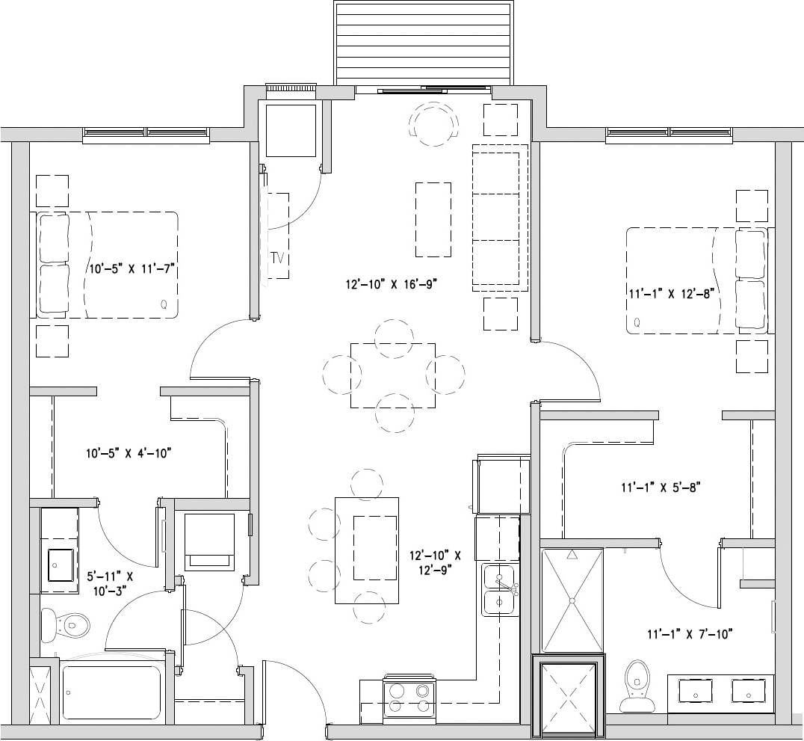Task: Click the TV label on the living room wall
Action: click(277, 259)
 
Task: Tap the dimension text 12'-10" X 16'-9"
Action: click(390, 283)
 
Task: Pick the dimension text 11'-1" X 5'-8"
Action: click(660, 487)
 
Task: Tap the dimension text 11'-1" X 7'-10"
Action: click(690, 634)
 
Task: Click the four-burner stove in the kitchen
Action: click(409, 698)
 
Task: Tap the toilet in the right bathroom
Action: click(636, 685)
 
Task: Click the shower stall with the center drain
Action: click(572, 600)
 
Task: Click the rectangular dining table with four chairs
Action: click(393, 375)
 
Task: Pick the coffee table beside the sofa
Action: click(433, 219)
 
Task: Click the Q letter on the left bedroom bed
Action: click(163, 304)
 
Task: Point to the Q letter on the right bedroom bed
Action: click(637, 323)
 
